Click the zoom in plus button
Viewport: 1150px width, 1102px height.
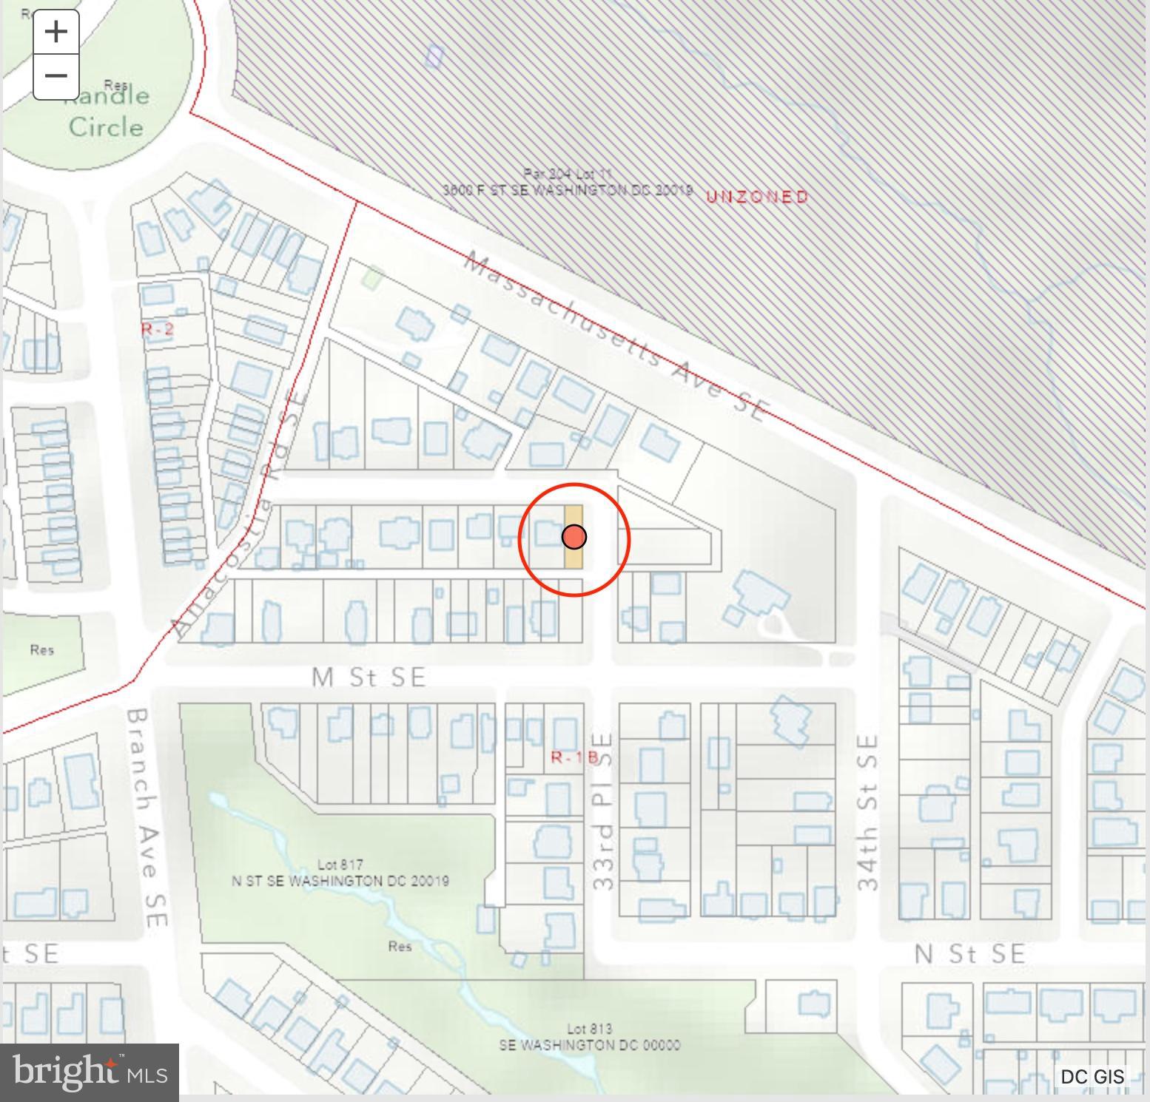pos(56,32)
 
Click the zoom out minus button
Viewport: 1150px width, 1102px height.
pos(56,76)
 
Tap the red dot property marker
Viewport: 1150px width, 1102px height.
pos(574,537)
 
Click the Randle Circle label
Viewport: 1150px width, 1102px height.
pos(107,111)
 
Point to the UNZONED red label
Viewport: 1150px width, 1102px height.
pos(757,197)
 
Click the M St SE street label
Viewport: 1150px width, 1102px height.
pos(369,677)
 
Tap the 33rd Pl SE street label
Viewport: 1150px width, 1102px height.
pos(604,811)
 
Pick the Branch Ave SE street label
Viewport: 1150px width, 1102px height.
pos(147,817)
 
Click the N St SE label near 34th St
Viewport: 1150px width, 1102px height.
pos(969,954)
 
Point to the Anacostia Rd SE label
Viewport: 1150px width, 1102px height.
pos(238,515)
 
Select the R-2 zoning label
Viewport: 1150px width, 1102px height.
pos(158,329)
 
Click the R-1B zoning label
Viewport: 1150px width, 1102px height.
pos(574,757)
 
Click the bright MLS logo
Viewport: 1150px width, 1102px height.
pos(90,1072)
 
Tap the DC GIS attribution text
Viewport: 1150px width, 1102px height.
pos(1092,1077)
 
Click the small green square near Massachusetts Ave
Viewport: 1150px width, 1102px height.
pos(373,277)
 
